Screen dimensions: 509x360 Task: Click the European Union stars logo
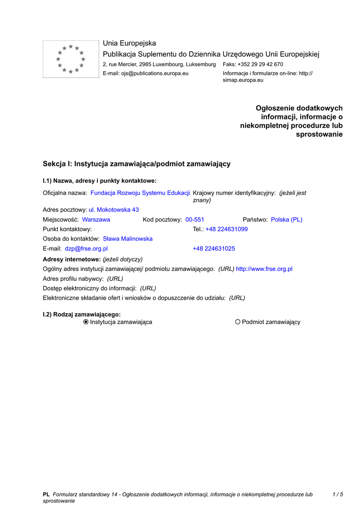point(71,59)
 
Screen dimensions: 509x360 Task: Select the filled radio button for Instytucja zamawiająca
point(86,322)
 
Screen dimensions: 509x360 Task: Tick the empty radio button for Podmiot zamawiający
point(238,322)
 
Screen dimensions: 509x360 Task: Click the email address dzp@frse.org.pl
point(86,249)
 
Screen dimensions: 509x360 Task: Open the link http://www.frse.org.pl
point(264,269)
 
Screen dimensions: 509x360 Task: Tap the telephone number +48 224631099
point(226,229)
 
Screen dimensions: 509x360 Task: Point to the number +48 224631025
point(214,249)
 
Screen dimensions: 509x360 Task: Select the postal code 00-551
point(195,220)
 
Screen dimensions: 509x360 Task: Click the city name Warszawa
point(96,220)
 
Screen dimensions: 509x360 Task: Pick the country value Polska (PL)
point(286,220)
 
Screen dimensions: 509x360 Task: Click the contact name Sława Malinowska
point(128,239)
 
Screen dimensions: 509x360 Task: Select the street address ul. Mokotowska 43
point(114,210)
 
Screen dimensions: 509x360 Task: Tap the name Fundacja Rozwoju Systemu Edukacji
point(140,193)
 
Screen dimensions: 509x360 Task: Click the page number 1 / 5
point(338,495)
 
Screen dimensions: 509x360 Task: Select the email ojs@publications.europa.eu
point(155,74)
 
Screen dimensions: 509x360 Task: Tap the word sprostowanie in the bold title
point(319,135)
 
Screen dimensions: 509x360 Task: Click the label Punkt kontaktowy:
point(67,229)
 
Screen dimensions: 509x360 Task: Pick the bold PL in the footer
point(46,495)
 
